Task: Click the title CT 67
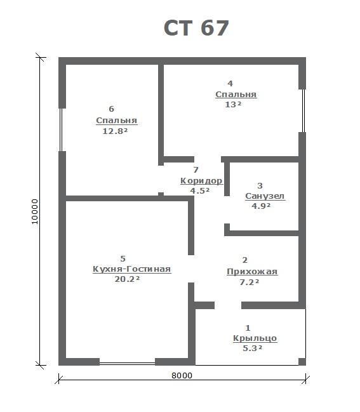point(196,28)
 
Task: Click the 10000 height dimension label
point(35,211)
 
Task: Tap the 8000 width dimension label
point(182,375)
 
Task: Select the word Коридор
point(201,181)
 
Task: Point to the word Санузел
point(265,196)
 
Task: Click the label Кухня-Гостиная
point(131,269)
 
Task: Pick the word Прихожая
point(252,272)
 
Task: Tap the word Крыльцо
point(255,338)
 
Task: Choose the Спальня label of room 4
point(236,95)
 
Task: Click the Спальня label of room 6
point(116,121)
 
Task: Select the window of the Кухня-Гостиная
point(127,364)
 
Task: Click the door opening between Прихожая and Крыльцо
point(228,305)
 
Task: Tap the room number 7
point(196,170)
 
